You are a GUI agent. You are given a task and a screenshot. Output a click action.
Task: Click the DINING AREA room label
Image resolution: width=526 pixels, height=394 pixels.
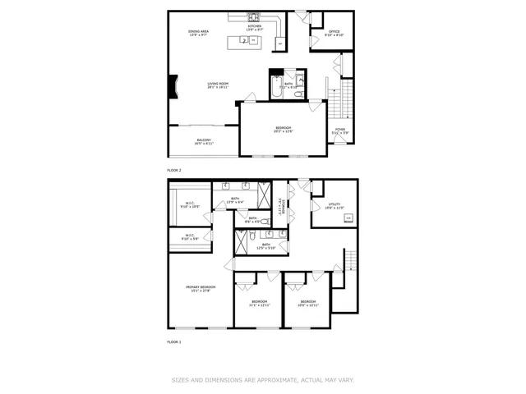(x=200, y=32)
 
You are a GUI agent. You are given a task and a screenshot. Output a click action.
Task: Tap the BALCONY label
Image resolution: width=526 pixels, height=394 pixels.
(x=204, y=140)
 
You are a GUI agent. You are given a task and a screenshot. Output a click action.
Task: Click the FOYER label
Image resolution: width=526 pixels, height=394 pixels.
(x=339, y=129)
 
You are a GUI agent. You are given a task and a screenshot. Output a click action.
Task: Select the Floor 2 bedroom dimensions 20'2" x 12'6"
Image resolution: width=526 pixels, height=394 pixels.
(x=284, y=131)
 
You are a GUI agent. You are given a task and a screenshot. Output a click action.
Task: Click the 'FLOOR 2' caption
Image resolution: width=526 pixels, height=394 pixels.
(x=174, y=170)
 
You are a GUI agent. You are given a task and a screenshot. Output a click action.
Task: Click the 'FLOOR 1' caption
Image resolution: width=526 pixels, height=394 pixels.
(x=174, y=341)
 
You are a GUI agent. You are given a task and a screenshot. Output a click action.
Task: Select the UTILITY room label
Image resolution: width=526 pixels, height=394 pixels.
(x=334, y=205)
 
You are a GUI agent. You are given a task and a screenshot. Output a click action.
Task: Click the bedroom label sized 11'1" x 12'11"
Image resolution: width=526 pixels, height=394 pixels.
(x=259, y=302)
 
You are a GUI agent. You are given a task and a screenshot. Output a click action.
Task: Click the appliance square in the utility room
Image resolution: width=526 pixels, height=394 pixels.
(x=348, y=218)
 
